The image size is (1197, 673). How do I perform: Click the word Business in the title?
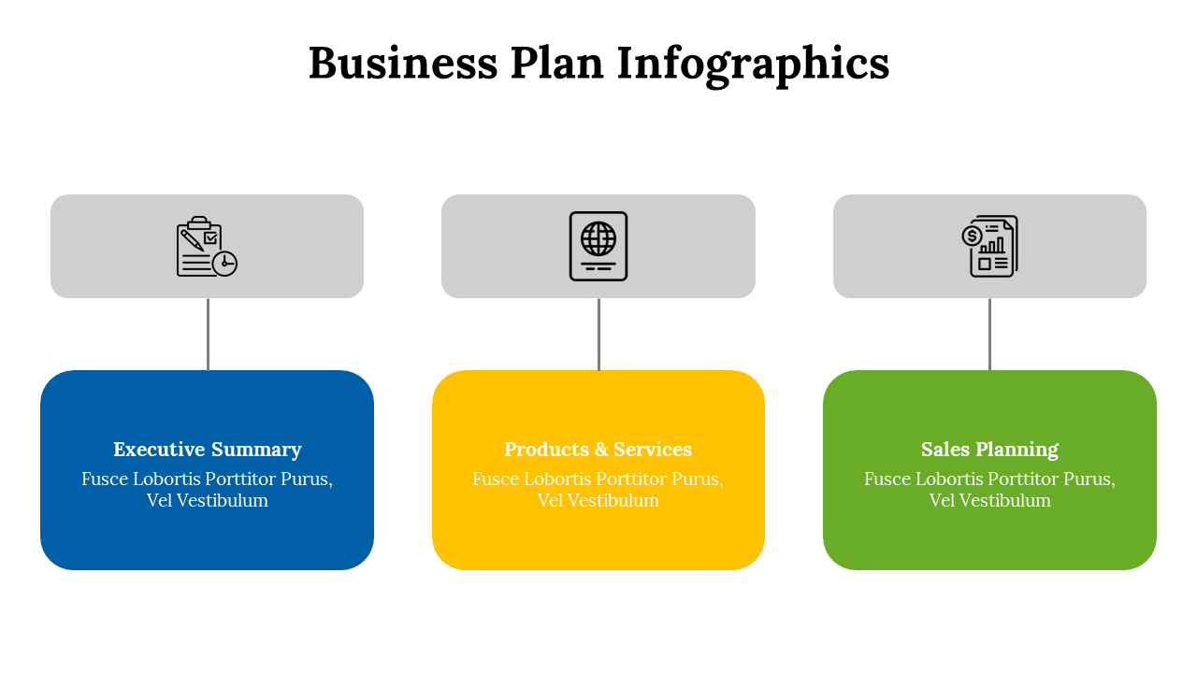403,64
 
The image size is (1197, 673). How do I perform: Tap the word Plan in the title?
556,64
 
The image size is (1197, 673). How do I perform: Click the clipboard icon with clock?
207,247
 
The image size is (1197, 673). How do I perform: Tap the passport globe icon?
598,246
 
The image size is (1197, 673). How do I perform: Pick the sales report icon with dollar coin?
989,246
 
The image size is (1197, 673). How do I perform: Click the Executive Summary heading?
208,450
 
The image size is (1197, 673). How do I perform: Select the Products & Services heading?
598,450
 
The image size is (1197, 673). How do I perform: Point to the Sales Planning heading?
989,450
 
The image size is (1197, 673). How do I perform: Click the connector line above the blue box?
208,334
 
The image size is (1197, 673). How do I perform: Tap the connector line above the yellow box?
598,334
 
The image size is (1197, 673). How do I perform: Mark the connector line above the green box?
989,334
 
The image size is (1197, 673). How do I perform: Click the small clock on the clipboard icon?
224,264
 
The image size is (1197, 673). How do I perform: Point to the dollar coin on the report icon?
973,236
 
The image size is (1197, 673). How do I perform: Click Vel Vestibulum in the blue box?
208,501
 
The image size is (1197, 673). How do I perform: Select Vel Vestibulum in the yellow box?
598,501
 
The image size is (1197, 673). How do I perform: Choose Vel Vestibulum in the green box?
989,501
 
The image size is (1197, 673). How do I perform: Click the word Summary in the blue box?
255,450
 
